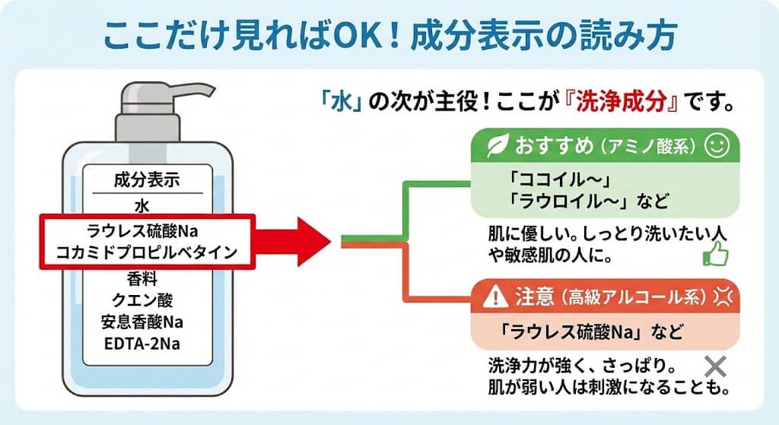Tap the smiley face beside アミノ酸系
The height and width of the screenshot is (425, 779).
pyautogui.click(x=716, y=144)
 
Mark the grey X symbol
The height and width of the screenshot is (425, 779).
pyautogui.click(x=714, y=366)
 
